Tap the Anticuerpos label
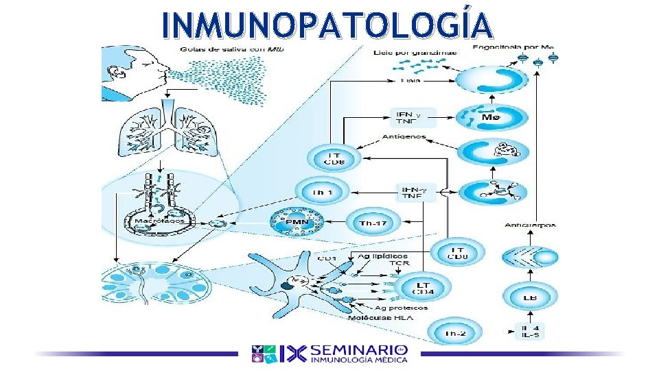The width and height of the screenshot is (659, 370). (x=530, y=225)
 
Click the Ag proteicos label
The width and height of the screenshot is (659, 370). (x=401, y=308)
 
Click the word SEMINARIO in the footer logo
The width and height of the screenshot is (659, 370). (x=359, y=349)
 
